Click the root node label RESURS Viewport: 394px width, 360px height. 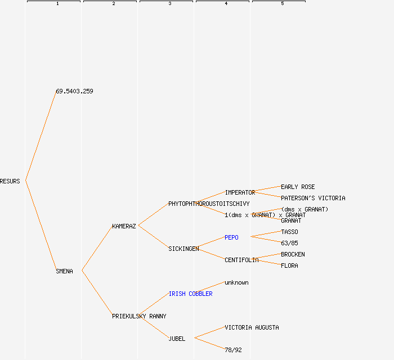(10, 181)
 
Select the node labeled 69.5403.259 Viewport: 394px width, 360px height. (74, 91)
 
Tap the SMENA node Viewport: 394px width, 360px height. (64, 271)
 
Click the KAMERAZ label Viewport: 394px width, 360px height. (124, 226)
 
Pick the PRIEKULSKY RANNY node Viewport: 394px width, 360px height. (139, 316)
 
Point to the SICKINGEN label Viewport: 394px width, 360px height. (183, 249)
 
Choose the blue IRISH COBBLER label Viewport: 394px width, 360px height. (190, 294)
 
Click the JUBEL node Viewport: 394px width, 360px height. (177, 339)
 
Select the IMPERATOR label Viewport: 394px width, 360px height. (240, 192)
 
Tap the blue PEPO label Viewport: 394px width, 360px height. (231, 237)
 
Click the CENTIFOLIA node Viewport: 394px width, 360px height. (241, 260)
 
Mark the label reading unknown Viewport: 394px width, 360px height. (236, 282)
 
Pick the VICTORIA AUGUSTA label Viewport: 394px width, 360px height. (252, 327)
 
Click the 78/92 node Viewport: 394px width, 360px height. (233, 350)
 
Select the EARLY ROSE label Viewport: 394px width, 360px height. (298, 187)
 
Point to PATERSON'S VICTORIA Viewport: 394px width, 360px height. (313, 198)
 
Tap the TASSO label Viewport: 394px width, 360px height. (289, 232)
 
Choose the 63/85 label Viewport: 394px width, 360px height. (289, 243)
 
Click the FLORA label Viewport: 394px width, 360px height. (289, 265)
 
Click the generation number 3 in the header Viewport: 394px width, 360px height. (169, 4)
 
